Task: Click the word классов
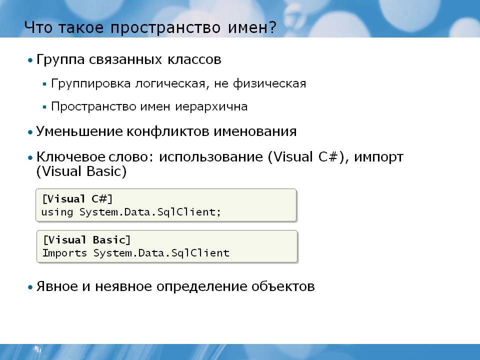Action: pyautogui.click(x=194, y=59)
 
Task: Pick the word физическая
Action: pyautogui.click(x=269, y=83)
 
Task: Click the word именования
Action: pyautogui.click(x=255, y=131)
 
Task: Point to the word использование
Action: pyautogui.click(x=211, y=157)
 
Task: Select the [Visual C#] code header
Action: pyautogui.click(x=77, y=199)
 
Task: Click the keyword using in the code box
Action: pyautogui.click(x=57, y=212)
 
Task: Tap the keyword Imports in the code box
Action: pyautogui.click(x=64, y=253)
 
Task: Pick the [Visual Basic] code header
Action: pyautogui.click(x=87, y=240)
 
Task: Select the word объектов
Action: pyautogui.click(x=283, y=286)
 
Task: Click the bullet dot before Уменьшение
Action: pyautogui.click(x=30, y=132)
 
